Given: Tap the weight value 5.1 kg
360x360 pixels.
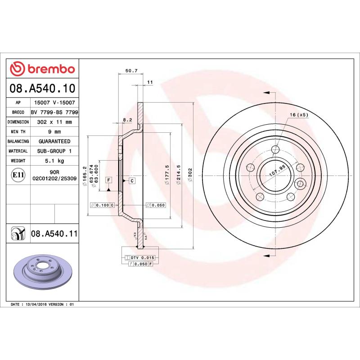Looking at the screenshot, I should click(x=54, y=161).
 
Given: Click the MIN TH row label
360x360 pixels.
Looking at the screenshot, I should click(x=18, y=132).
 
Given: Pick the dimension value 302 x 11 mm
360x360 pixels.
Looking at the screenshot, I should click(x=54, y=122).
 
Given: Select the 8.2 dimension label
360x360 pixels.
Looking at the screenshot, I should click(x=127, y=120).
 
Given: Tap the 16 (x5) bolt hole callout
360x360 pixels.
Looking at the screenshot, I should click(x=299, y=115).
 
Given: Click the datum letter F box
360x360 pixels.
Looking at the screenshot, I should click(x=108, y=180).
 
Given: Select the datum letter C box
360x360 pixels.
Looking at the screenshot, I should click(x=132, y=180).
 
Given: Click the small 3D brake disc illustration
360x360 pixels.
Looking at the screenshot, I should click(x=41, y=272).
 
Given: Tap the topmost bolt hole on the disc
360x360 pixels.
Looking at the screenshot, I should click(x=275, y=150).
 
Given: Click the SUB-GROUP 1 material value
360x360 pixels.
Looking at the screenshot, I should click(x=54, y=151).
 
